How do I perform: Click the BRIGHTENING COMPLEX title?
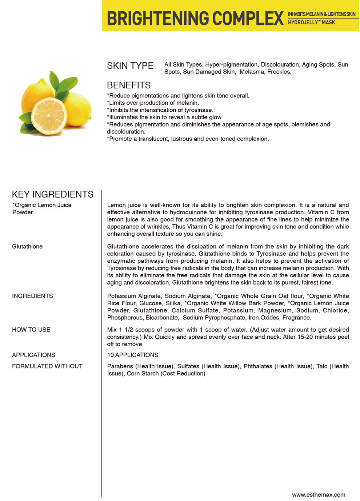tap(195, 18)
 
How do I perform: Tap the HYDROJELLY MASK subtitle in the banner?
tap(311, 23)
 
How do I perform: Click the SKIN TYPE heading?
tap(130, 66)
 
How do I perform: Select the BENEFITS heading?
tap(129, 86)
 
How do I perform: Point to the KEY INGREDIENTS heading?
tap(53, 194)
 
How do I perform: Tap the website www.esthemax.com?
tap(319, 495)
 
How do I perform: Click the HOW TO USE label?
tap(31, 330)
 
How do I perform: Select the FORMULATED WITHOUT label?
tap(47, 366)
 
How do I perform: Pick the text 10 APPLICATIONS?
tap(133, 355)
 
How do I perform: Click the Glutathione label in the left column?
tap(27, 247)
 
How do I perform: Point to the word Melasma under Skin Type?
tap(252, 72)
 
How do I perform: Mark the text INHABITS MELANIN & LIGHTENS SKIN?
tap(321, 14)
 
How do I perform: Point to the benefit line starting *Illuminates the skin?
tap(165, 118)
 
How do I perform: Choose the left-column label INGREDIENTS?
tap(32, 296)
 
